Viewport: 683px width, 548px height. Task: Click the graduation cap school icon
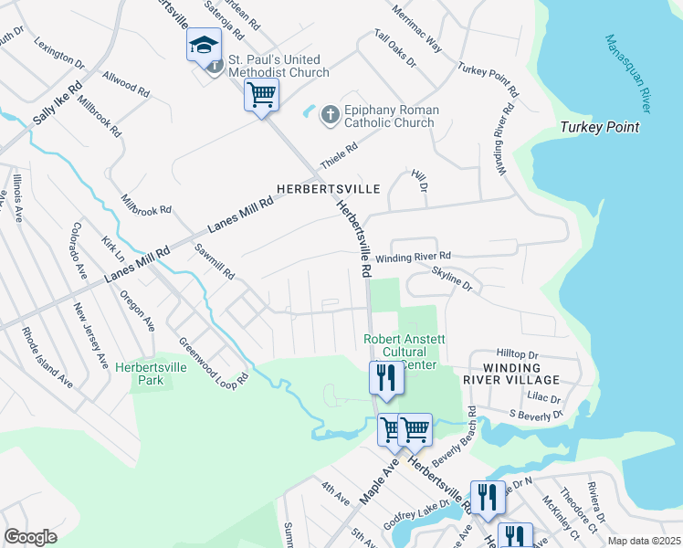204,45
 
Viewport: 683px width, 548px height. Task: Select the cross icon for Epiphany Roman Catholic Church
330,115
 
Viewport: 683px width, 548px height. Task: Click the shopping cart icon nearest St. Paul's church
261,94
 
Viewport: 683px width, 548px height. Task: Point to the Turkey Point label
599,127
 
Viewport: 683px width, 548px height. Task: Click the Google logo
30,536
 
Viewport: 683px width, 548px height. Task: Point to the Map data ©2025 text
643,541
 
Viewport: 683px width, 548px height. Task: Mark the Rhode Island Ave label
47,357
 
